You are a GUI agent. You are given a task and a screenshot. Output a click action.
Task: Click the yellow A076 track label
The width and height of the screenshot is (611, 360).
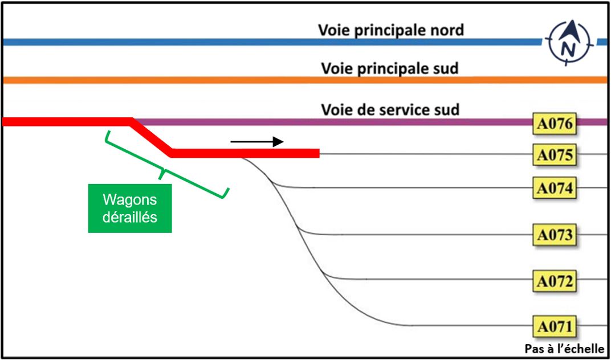click(x=554, y=124)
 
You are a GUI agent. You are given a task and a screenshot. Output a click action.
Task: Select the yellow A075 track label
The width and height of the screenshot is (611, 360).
click(x=554, y=155)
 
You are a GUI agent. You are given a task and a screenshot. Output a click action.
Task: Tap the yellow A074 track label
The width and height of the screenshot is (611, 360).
click(x=554, y=188)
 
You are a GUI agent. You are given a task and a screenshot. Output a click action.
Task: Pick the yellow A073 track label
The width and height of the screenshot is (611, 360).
click(x=554, y=235)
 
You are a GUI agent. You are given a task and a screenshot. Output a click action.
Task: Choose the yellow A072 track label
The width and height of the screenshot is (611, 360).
click(x=554, y=281)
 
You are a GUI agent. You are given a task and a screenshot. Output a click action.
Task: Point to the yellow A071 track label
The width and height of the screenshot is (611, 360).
click(x=554, y=326)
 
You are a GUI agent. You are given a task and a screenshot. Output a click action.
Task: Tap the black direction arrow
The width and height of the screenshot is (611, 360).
click(x=257, y=142)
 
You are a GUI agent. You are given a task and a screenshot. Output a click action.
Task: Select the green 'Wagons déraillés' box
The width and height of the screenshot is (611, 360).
click(x=130, y=208)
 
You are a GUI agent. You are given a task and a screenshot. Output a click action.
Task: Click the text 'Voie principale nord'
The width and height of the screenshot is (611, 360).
click(x=391, y=30)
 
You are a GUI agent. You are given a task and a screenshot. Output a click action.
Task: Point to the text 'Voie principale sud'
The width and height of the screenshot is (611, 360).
click(x=390, y=68)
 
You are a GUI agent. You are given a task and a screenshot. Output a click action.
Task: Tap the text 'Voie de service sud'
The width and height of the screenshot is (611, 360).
click(x=390, y=109)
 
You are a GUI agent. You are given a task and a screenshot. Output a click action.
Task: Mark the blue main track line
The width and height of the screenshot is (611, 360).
click(x=273, y=42)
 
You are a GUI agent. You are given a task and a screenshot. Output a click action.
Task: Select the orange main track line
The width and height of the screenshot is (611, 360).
click(x=305, y=80)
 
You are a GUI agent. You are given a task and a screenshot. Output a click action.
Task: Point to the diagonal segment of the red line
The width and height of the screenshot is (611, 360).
click(x=151, y=137)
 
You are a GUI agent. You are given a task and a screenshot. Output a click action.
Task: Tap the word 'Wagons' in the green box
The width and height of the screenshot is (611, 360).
click(x=130, y=201)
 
